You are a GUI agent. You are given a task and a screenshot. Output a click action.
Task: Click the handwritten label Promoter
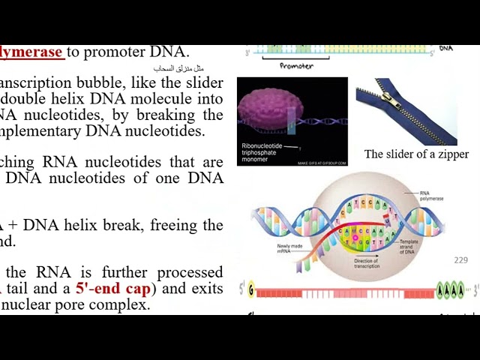tap(296, 66)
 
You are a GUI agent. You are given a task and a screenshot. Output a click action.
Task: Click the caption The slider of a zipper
tap(416, 154)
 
